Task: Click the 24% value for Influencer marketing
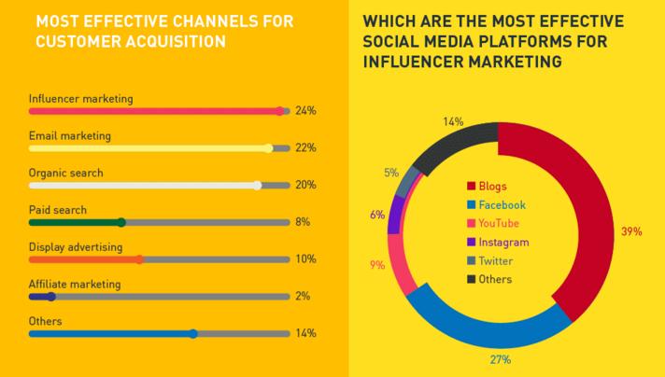coord(305,110)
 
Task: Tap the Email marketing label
coord(70,135)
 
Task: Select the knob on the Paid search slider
coord(121,222)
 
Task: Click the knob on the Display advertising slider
coord(139,259)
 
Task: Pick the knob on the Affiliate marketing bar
coord(51,297)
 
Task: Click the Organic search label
coord(66,173)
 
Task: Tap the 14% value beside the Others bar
coord(305,333)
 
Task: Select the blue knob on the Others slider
coord(193,333)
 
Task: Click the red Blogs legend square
coord(472,186)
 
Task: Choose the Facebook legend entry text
coord(504,204)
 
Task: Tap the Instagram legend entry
coord(505,242)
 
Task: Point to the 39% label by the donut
coord(631,230)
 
